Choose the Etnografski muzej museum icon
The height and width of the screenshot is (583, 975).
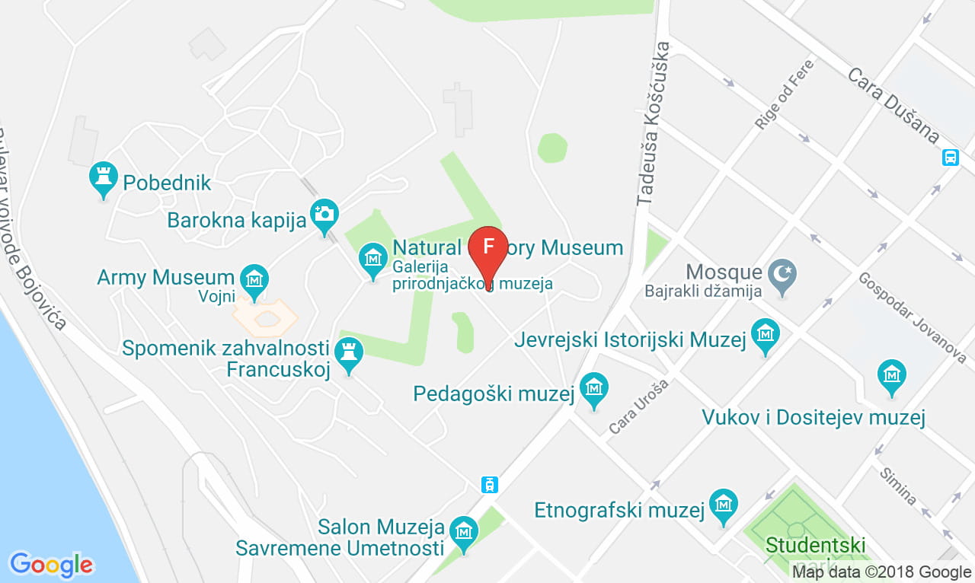click(x=723, y=504)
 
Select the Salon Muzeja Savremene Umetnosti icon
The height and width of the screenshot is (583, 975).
click(x=462, y=531)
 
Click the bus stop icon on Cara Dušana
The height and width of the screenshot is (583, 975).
click(x=950, y=158)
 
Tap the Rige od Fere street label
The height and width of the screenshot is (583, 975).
click(x=785, y=94)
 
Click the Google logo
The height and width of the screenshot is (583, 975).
click(x=51, y=565)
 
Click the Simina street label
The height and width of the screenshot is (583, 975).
click(x=897, y=485)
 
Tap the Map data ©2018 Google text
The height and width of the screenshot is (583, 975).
click(x=881, y=572)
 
